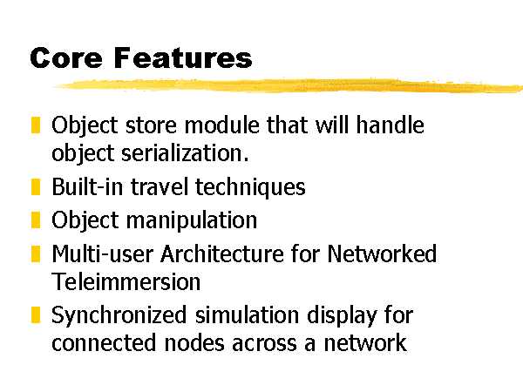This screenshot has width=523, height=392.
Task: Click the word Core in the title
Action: coord(66,57)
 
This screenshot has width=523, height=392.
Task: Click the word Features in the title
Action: coord(183,57)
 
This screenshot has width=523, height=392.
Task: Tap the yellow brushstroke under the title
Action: coord(289,85)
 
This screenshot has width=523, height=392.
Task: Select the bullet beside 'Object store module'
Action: coord(36,125)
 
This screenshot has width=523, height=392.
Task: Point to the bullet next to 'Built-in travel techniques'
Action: coord(36,186)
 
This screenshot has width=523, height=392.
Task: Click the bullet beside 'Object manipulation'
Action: coord(36,220)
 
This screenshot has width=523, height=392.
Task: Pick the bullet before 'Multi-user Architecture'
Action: coord(36,254)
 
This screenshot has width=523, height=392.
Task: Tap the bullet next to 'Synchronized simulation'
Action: coord(36,315)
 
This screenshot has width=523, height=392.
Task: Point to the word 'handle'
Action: coord(391,125)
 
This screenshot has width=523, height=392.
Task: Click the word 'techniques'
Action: coord(250,187)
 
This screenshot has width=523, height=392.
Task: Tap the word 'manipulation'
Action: coord(192,220)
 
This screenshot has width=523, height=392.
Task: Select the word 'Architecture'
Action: coord(222,254)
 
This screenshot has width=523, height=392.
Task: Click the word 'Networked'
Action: coord(382,254)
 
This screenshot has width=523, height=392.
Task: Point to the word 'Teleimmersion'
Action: coord(126,281)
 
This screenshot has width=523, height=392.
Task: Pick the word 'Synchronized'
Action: coord(119,315)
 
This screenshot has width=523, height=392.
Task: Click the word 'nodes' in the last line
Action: coord(194,342)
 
